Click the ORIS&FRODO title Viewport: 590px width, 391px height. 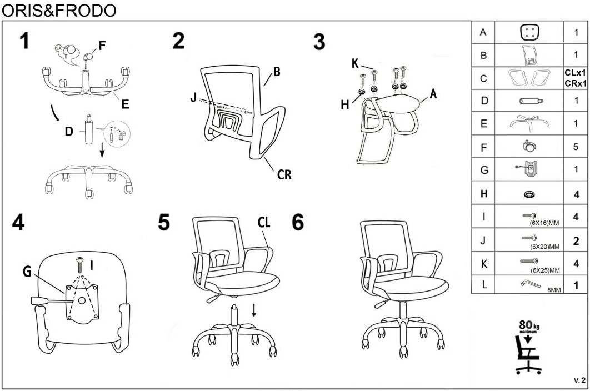[59, 10]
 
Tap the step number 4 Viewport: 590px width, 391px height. [18, 222]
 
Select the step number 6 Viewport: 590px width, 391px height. [298, 222]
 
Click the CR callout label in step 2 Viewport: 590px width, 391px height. [284, 174]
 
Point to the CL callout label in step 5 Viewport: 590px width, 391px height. [264, 222]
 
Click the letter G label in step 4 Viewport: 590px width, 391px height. [27, 271]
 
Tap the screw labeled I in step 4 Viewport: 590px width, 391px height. [80, 265]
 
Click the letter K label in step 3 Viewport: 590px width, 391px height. [355, 63]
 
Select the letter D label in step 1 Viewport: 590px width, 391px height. [69, 131]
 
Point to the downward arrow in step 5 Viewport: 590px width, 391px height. [254, 310]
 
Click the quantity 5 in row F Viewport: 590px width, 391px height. [576, 147]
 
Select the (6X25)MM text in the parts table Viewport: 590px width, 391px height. [545, 270]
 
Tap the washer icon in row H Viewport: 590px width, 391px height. [529, 194]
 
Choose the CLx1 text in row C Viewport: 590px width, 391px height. [576, 73]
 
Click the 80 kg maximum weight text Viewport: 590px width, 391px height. [529, 326]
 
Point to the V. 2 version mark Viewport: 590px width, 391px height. [579, 380]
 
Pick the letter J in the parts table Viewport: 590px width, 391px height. [483, 240]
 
